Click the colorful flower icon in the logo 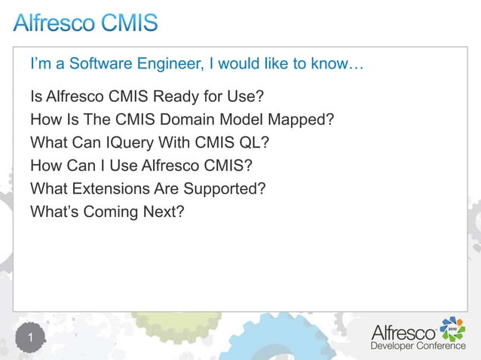click(x=452, y=329)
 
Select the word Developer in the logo click(x=392, y=346)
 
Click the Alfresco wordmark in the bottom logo click(x=403, y=331)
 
